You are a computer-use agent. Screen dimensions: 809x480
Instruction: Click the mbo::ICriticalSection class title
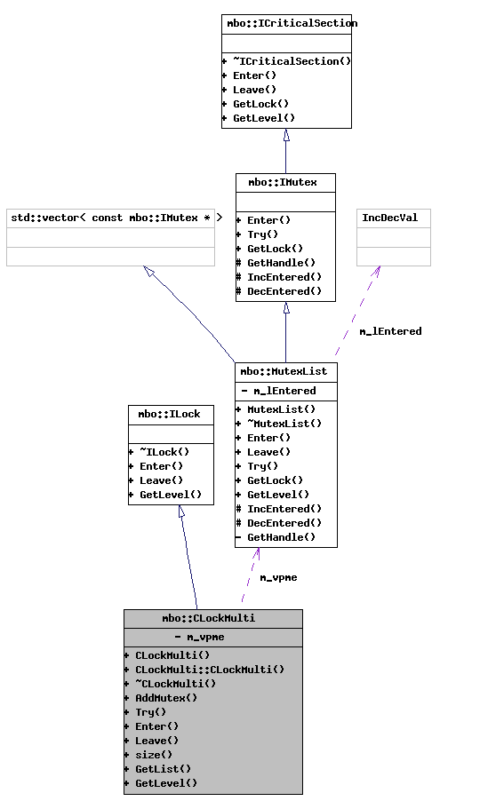click(286, 23)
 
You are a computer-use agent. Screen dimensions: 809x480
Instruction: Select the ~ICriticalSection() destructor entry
click(286, 61)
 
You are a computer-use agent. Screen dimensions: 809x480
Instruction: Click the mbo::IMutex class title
click(285, 182)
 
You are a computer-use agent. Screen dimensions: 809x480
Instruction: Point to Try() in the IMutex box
click(257, 234)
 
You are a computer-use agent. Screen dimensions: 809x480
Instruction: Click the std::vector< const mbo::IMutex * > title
click(110, 218)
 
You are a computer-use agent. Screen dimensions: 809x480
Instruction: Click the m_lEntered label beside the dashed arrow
click(390, 331)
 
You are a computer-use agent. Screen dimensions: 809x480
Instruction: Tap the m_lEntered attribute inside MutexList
click(280, 391)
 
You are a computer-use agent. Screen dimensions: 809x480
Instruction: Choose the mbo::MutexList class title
click(286, 371)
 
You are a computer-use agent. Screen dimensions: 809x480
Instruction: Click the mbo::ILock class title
click(171, 414)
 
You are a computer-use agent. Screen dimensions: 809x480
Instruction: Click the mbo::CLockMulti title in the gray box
click(212, 618)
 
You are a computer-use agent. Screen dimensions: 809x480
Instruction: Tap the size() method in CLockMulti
click(154, 755)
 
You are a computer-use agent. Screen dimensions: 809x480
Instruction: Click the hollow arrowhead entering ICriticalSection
click(286, 135)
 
